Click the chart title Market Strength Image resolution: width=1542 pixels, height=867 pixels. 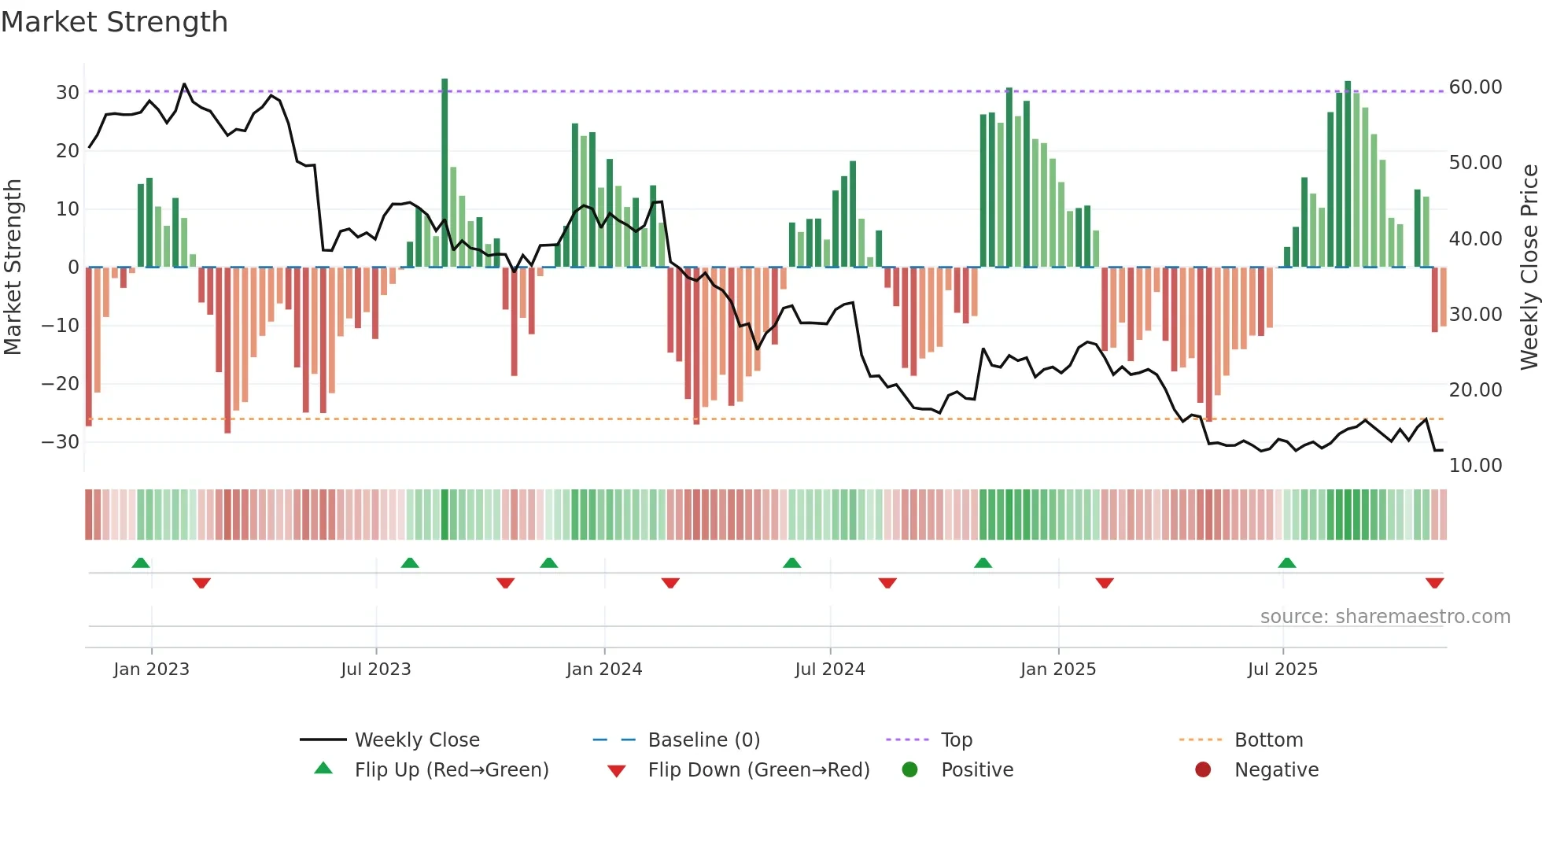pos(114,22)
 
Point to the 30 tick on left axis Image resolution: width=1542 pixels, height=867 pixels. pos(67,93)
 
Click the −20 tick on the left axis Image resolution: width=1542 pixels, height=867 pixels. pos(61,384)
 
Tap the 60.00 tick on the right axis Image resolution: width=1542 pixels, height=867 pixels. pos(1475,87)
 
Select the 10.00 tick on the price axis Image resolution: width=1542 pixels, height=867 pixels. pos(1475,466)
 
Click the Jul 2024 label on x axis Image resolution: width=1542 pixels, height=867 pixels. pos(829,670)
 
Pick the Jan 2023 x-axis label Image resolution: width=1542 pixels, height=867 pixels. pos(151,670)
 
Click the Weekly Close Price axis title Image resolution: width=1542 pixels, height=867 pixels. pos(1529,267)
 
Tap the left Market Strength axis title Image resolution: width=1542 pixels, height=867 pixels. pos(13,267)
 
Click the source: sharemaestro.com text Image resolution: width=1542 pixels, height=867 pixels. pos(1385,617)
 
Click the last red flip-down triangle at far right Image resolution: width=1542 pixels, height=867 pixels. pos(1434,583)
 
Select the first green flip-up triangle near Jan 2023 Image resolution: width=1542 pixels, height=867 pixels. pos(141,563)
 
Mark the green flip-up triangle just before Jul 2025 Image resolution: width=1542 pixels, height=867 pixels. pos(1287,563)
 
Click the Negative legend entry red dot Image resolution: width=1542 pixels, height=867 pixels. pos(1203,770)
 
